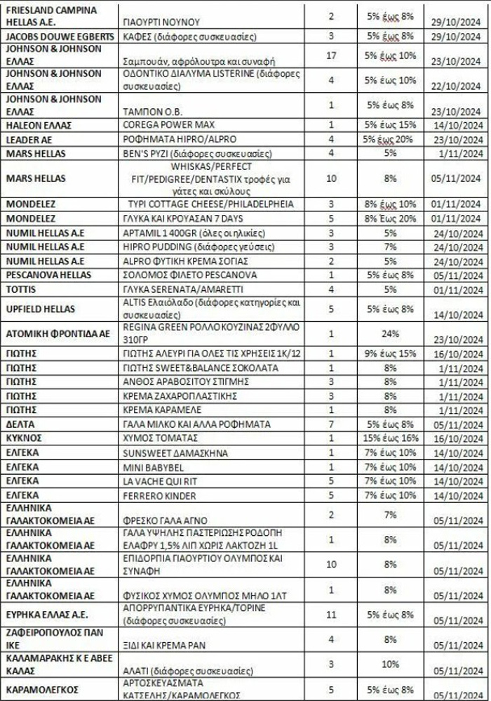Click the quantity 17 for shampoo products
332,55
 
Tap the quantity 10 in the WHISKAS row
332,178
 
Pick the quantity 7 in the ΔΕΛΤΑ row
332,425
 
